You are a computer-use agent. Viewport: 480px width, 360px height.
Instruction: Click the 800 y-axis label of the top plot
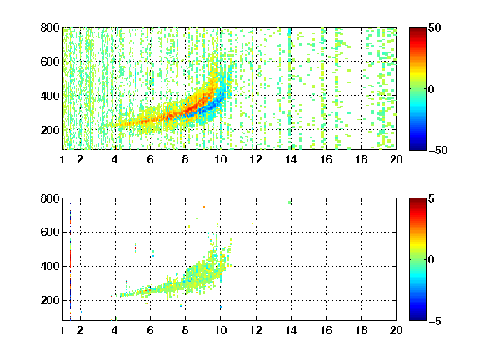click(x=50, y=27)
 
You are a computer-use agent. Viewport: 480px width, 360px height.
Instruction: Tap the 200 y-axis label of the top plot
click(x=50, y=130)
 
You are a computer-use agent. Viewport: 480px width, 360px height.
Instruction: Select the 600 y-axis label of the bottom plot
click(x=50, y=232)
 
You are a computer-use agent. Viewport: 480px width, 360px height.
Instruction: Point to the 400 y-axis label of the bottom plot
click(x=50, y=266)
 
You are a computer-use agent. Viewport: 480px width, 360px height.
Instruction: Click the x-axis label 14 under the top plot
click(x=291, y=159)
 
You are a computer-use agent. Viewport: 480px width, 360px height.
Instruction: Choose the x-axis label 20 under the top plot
click(x=396, y=159)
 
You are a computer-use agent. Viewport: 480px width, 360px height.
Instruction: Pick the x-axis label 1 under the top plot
click(x=62, y=159)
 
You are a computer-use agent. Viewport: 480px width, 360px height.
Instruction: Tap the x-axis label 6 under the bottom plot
click(x=150, y=330)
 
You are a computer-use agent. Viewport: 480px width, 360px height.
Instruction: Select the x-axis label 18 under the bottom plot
click(x=361, y=330)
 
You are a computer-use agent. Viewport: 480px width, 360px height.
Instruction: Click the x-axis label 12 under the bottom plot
click(x=256, y=330)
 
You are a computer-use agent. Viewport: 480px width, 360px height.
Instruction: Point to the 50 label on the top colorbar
click(x=434, y=27)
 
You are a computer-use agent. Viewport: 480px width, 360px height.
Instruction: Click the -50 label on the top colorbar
click(x=437, y=150)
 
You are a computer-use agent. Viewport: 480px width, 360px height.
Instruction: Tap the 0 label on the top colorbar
click(x=431, y=89)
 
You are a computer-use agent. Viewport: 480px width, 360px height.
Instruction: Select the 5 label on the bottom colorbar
click(x=431, y=198)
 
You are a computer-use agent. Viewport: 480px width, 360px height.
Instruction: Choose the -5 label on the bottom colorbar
click(x=434, y=321)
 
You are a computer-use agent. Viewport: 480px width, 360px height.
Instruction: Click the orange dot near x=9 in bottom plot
click(x=204, y=207)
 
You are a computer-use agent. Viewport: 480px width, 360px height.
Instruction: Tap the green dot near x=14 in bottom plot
click(x=290, y=202)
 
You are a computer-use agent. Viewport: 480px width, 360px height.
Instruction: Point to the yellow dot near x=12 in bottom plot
click(x=252, y=223)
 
